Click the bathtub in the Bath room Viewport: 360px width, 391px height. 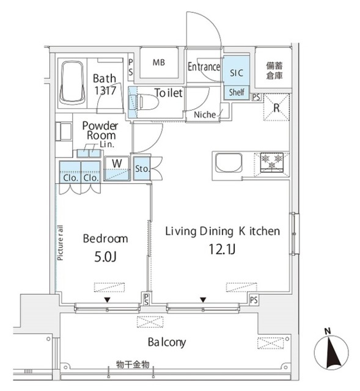point(73,84)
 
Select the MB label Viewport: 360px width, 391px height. point(159,62)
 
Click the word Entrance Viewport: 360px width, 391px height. point(204,67)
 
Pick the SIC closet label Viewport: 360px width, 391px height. point(236,72)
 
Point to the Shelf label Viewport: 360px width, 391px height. point(236,92)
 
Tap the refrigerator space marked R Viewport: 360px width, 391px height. point(276,108)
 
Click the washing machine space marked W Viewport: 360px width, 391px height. point(117,164)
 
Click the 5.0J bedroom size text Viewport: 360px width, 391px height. point(105,256)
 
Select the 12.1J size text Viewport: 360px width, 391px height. point(222,249)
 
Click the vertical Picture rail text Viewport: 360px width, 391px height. point(61,244)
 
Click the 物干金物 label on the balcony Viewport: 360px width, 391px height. point(133,365)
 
